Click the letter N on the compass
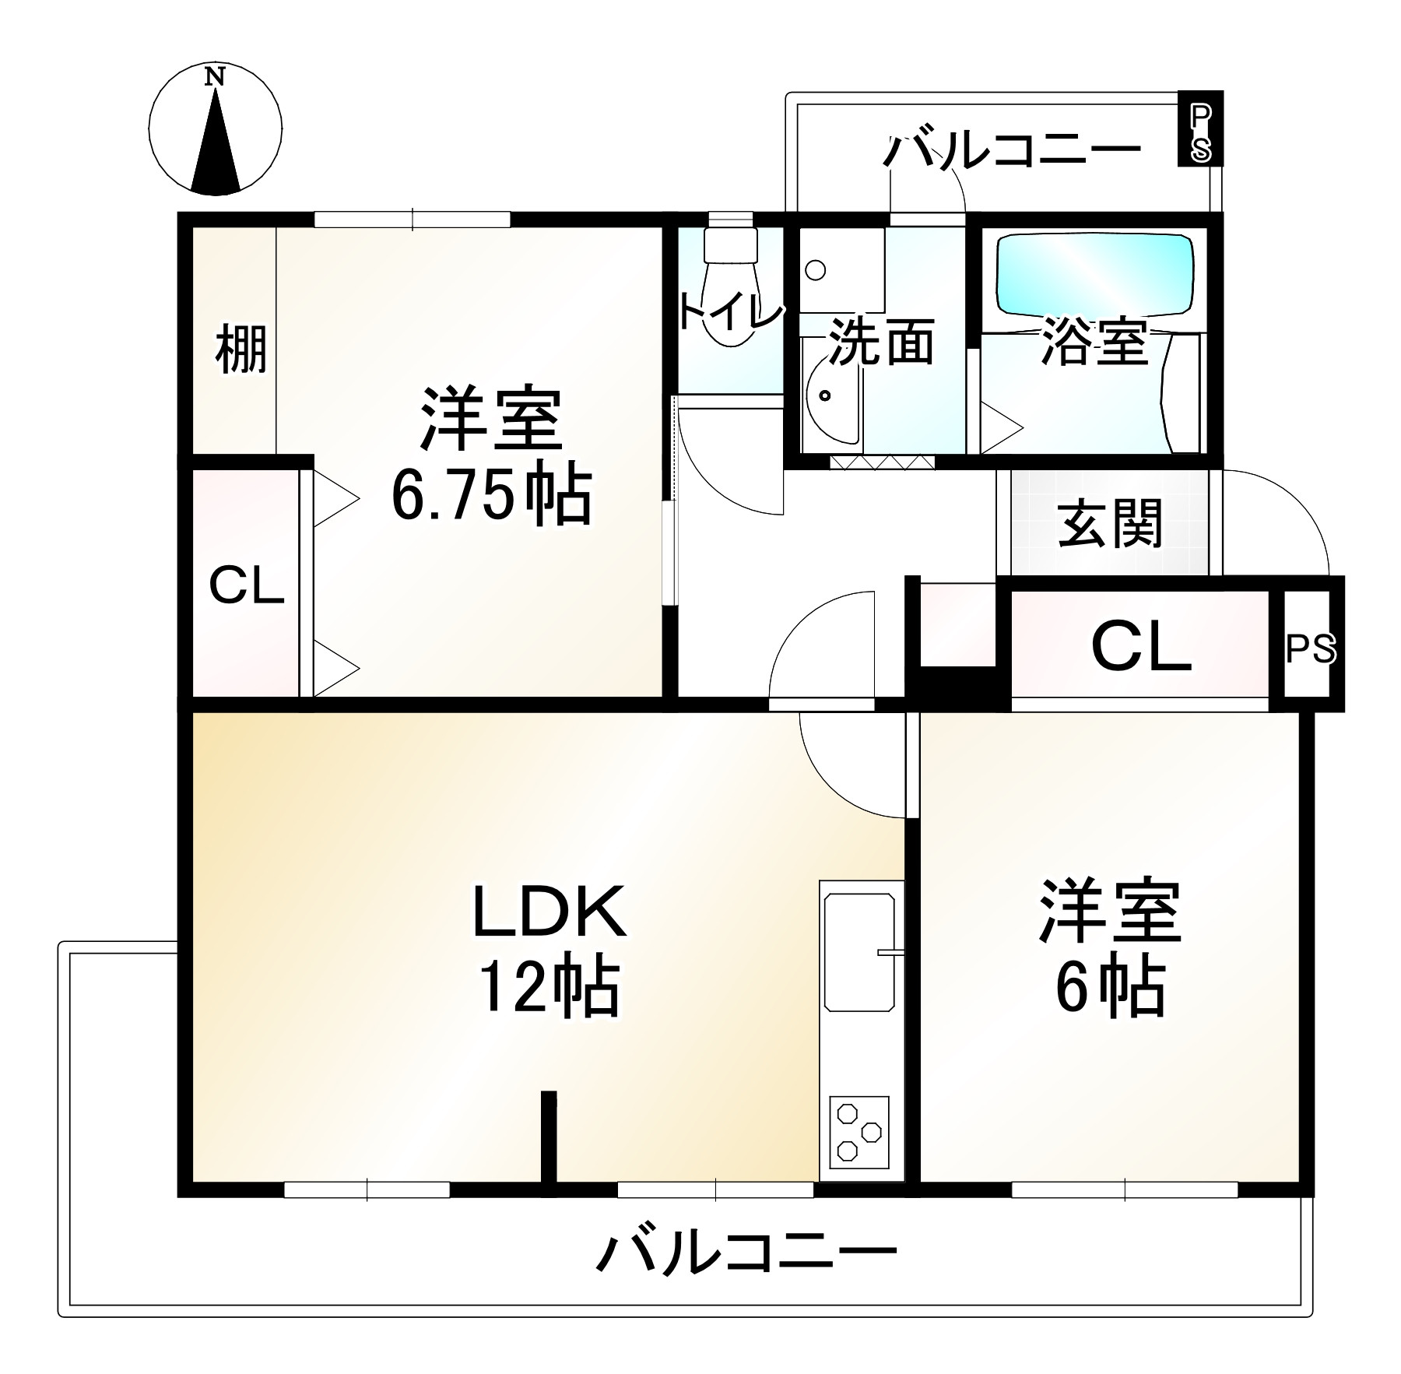pos(215,77)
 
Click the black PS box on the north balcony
pos(1199,128)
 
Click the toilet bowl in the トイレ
pos(730,311)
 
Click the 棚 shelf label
pos(241,350)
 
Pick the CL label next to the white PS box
pos(1141,647)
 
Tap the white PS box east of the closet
pos(1311,648)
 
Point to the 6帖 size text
pos(1110,987)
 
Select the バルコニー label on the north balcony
pos(1012,151)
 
